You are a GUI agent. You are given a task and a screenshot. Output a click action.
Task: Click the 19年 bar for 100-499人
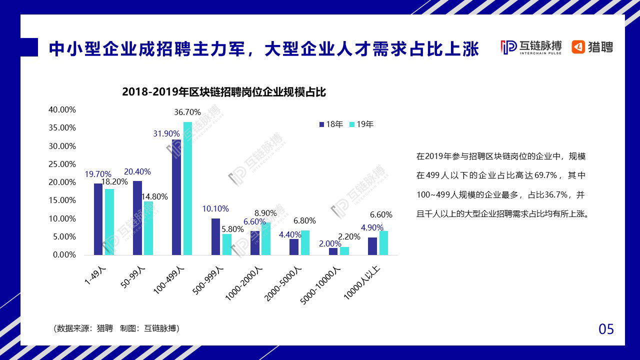[187, 188]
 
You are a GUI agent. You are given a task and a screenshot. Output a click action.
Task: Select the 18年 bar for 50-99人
[137, 218]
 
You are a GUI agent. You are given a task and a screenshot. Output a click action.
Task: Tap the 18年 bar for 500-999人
[215, 236]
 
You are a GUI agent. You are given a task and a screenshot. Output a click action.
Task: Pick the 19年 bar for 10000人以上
[383, 243]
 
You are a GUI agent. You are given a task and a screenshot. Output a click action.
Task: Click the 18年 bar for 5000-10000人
[333, 251]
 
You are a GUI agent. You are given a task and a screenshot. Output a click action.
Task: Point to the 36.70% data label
[187, 112]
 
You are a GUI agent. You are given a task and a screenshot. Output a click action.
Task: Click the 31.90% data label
[166, 133]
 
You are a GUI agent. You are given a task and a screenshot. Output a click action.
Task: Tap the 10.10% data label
[215, 208]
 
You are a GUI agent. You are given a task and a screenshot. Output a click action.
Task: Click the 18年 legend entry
[331, 124]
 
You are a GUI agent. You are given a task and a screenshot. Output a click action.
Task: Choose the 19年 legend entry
[361, 124]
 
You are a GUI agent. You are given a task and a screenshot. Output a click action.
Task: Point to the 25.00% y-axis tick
[62, 164]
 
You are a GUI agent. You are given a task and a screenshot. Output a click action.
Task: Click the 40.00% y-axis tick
[62, 109]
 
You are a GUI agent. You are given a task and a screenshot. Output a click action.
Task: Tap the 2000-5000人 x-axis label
[284, 283]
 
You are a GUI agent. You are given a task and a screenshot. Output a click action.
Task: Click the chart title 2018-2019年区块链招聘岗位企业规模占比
[224, 92]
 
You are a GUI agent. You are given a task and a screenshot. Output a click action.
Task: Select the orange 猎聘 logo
[592, 47]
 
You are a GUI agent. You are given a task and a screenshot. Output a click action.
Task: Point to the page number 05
[606, 329]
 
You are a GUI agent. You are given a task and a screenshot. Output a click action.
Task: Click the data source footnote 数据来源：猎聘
[116, 328]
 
